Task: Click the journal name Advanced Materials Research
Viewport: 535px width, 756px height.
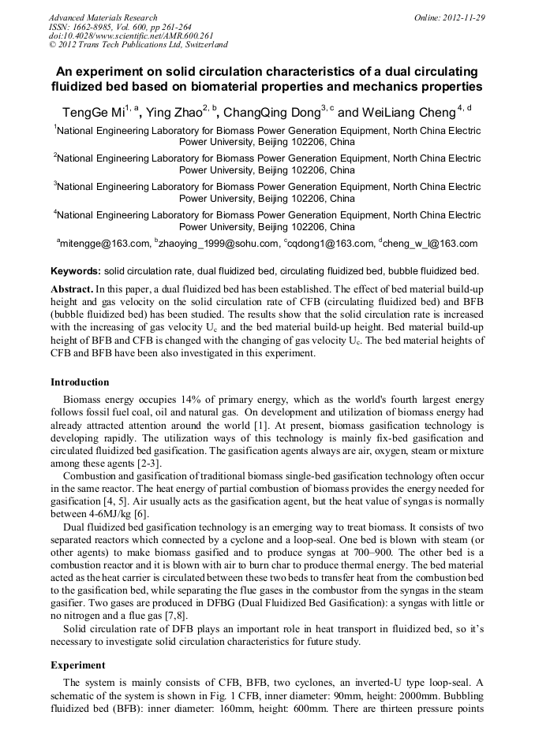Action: click(103, 17)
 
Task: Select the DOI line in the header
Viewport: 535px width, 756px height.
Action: click(131, 35)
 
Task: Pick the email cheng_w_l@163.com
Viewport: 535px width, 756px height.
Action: click(432, 244)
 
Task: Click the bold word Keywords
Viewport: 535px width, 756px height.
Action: click(75, 270)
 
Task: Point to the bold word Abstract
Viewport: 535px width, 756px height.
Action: click(72, 289)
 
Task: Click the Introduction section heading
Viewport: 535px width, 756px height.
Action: click(80, 382)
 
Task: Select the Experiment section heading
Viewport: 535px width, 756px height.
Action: click(77, 665)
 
